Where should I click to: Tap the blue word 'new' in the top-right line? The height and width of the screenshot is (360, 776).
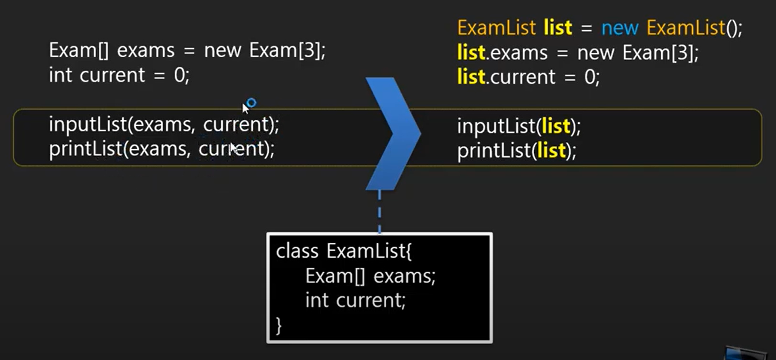620,28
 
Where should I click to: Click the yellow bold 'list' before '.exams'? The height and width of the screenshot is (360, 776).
471,53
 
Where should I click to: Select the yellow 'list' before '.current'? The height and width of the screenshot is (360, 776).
471,77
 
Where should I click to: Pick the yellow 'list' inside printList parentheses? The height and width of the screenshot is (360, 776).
551,151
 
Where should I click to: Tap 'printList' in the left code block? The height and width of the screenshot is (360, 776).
86,149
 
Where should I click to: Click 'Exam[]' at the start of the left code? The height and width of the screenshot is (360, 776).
78,51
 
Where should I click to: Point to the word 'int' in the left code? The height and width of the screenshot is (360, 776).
60,75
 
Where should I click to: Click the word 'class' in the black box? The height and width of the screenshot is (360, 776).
297,251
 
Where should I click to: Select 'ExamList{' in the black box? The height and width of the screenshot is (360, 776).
369,251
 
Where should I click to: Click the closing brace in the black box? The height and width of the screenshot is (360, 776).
279,326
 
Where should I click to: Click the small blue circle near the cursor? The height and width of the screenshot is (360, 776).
252,103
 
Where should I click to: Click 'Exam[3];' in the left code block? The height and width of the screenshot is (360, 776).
287,51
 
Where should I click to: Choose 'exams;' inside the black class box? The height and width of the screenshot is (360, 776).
404,276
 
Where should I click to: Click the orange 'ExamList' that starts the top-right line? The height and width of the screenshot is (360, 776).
496,28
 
